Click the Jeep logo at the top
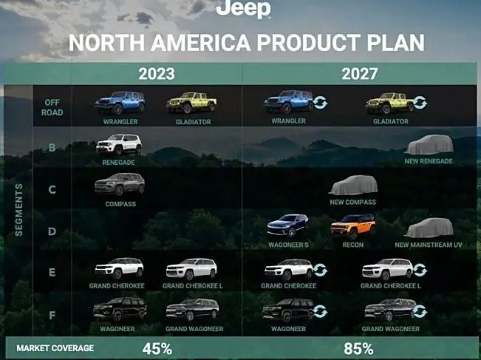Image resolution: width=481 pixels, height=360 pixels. click(243, 9)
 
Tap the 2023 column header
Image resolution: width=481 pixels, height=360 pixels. click(157, 74)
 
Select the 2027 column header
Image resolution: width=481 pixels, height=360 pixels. click(360, 74)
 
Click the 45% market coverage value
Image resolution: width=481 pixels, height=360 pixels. click(157, 349)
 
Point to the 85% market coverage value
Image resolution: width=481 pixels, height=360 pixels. click(358, 349)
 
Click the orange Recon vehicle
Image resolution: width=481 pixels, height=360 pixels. click(353, 226)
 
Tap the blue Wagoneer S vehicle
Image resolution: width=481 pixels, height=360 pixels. click(287, 225)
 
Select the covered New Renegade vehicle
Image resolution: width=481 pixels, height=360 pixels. click(429, 145)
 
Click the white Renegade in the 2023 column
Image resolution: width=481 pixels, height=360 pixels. click(119, 144)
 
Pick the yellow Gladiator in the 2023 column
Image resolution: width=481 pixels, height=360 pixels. click(191, 103)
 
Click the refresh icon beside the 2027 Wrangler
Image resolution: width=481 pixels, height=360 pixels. click(321, 103)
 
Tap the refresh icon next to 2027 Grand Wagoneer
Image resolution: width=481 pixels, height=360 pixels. click(420, 311)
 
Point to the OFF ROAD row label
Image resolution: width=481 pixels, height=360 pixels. click(52, 107)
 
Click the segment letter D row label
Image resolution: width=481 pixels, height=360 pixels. click(52, 231)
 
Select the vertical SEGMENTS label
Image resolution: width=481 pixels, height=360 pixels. click(18, 210)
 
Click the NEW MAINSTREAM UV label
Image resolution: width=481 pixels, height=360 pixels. click(429, 245)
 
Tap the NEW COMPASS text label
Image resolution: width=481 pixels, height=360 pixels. click(352, 202)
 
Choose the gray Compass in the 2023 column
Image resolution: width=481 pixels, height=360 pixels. click(120, 184)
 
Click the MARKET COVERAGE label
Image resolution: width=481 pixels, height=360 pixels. click(55, 348)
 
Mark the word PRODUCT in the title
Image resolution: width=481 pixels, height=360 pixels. click(309, 43)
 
